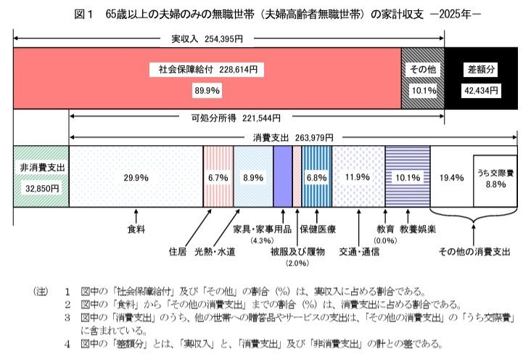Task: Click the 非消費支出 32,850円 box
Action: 41,176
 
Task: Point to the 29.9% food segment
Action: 136,176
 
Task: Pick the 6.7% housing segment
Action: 218,176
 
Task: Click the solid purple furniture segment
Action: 283,176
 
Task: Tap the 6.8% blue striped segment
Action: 317,176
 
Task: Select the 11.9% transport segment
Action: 358,176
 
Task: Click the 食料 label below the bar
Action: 136,229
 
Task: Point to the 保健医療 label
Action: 317,229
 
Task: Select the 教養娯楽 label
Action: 419,229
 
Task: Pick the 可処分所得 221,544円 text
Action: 235,117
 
